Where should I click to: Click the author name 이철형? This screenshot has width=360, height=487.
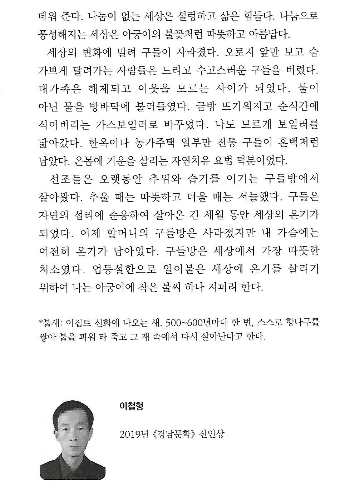tap(132, 406)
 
